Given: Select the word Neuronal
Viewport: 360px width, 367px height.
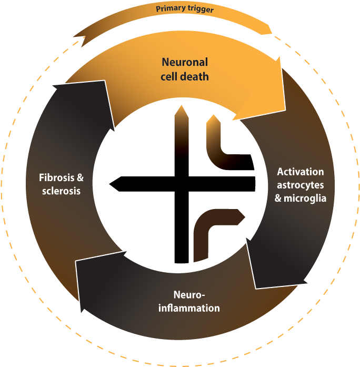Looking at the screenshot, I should coord(185,62).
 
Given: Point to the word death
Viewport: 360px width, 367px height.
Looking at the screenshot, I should coord(195,76).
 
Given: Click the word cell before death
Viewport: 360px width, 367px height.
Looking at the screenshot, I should coord(169,76).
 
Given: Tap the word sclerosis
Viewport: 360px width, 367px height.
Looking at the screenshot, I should coord(61,191).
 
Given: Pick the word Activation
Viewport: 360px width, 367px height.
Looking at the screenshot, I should coord(301,172).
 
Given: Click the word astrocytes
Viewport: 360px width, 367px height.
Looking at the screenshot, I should coord(300,185).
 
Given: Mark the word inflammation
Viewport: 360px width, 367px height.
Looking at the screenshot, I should coord(189,308).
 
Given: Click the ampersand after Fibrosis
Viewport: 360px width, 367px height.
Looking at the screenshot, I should coord(80,177).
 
